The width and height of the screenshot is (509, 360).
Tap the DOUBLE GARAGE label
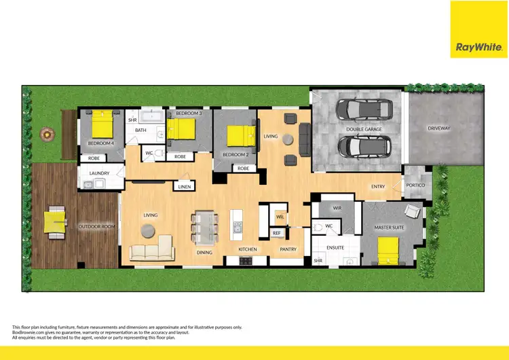(364, 129)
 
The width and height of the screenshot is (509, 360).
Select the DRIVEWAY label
(438, 128)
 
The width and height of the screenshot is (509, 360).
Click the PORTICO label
(415, 185)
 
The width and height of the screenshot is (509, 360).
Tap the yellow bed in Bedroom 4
(102, 124)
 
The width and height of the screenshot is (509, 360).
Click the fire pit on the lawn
(46, 134)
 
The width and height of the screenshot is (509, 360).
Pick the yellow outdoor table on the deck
(54, 220)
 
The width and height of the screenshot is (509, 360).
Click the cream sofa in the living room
(153, 250)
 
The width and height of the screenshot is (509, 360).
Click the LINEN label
(183, 186)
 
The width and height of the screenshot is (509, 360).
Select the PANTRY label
(288, 249)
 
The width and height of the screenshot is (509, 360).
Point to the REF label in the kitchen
(276, 233)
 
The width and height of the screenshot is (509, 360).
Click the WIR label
(337, 208)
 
